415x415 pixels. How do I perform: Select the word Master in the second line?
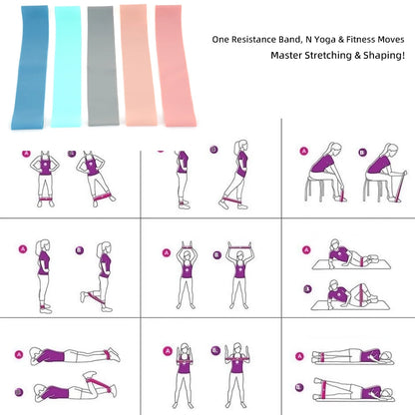click(x=290, y=56)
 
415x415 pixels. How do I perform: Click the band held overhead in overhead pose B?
click(x=239, y=244)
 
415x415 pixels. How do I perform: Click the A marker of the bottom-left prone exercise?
click(x=18, y=351)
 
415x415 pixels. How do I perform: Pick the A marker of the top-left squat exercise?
click(x=27, y=153)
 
